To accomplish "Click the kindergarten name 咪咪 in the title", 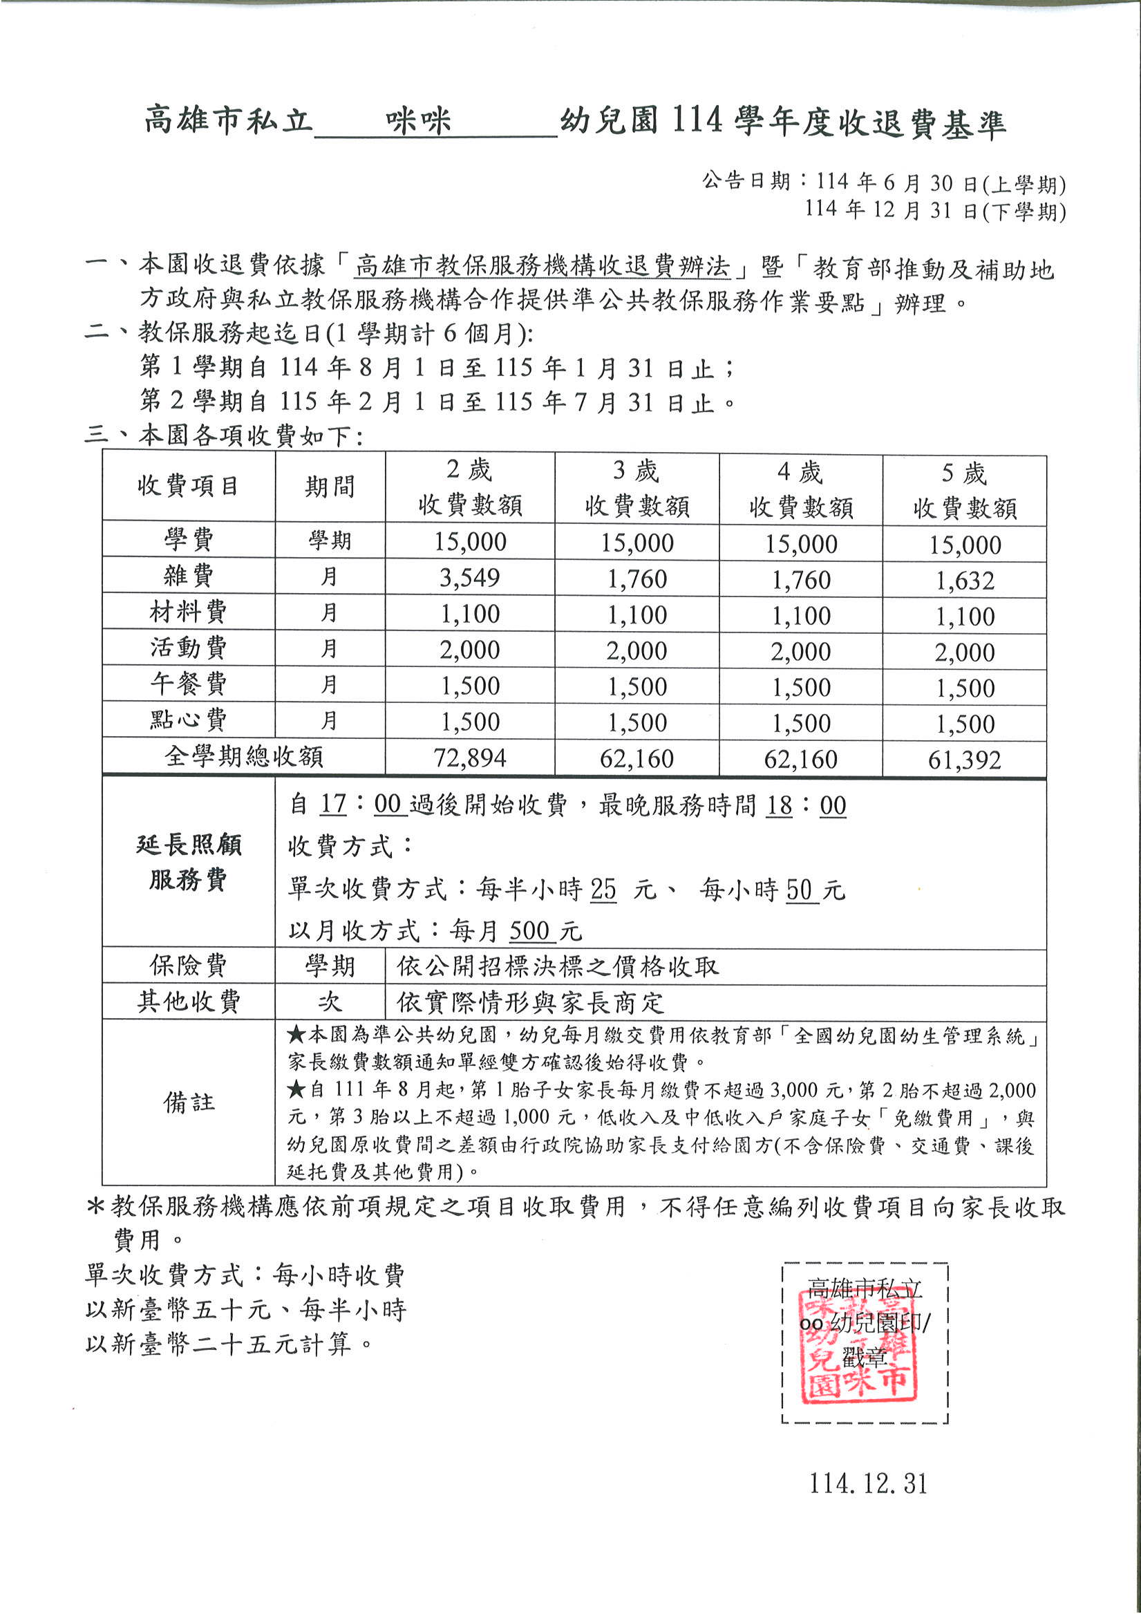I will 418,122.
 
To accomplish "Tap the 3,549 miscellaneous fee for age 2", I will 470,578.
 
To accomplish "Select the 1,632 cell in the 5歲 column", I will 965,581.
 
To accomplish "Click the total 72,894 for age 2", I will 470,758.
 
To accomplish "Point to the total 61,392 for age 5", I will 965,760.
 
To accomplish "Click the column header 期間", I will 330,487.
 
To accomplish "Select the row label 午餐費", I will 189,684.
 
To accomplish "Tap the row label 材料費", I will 189,612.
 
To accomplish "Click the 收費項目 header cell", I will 189,486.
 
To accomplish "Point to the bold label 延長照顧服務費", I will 189,862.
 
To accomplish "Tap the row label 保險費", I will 189,966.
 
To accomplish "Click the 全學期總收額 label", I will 243,756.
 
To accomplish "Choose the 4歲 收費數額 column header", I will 801,489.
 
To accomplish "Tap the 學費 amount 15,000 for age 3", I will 637,543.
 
